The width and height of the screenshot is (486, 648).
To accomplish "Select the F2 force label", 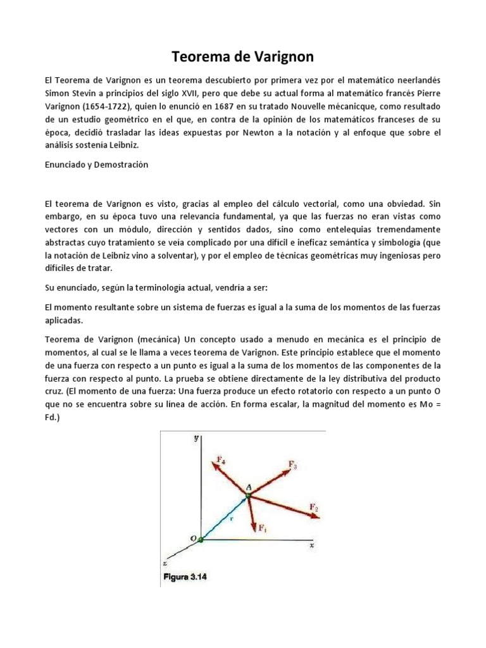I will click(314, 506).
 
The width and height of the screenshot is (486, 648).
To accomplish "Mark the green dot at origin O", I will click(201, 539).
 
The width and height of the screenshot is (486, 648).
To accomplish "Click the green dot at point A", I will click(248, 495).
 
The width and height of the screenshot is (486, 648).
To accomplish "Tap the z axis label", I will click(165, 562).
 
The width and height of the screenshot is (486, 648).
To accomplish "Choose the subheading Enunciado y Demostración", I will click(96, 165).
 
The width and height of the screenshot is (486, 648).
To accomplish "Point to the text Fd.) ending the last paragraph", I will click(53, 418).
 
